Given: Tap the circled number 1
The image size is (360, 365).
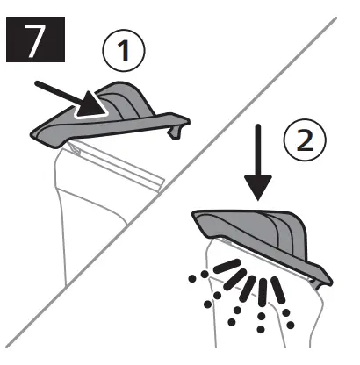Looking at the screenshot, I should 123,51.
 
